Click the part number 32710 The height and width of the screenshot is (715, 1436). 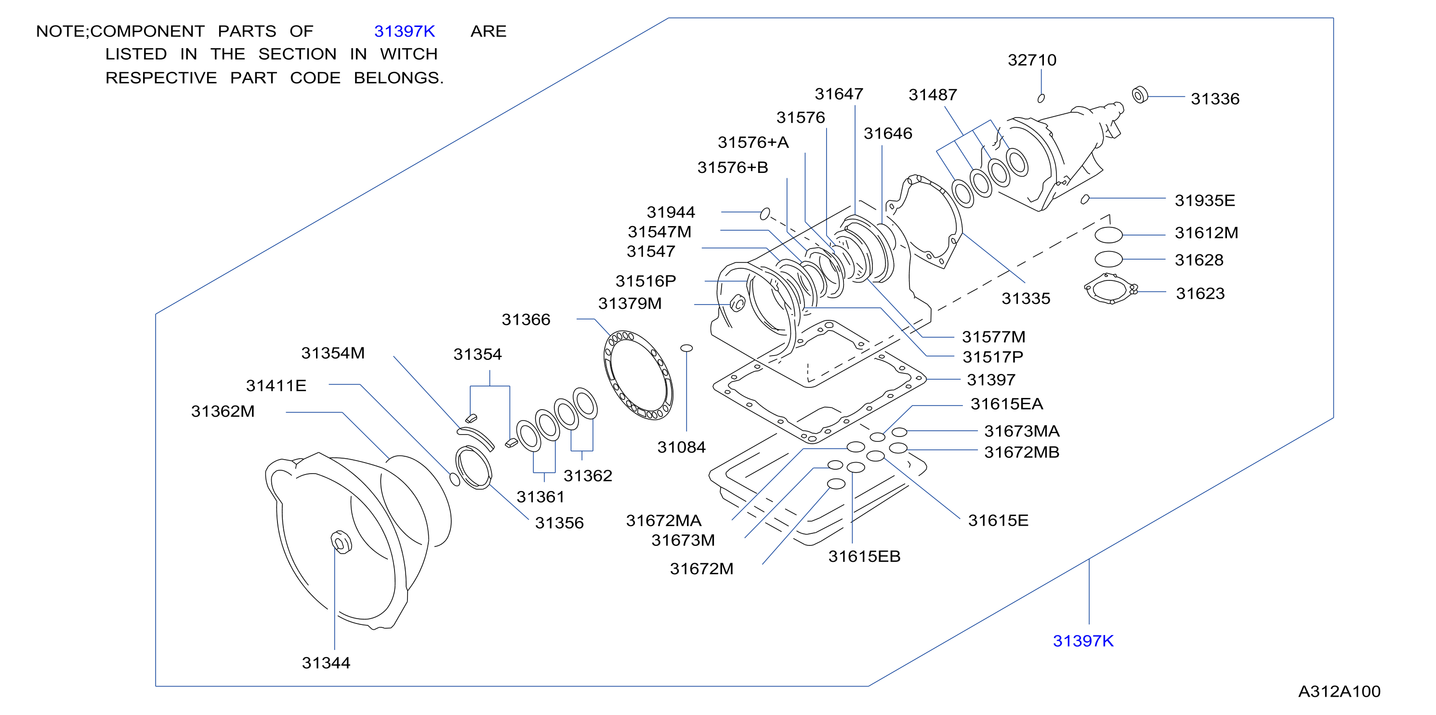[x=1032, y=60]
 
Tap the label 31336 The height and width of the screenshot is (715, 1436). [x=1215, y=99]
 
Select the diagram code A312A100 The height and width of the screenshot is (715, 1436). [x=1340, y=691]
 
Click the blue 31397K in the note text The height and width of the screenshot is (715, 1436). [x=405, y=31]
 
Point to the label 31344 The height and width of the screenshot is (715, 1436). [x=326, y=663]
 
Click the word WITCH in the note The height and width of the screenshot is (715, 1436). [x=409, y=54]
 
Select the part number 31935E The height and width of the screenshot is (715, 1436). [x=1205, y=201]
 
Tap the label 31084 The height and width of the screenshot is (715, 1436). [x=681, y=447]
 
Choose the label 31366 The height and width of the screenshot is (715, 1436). [x=526, y=319]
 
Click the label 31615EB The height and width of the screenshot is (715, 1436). [x=864, y=556]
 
